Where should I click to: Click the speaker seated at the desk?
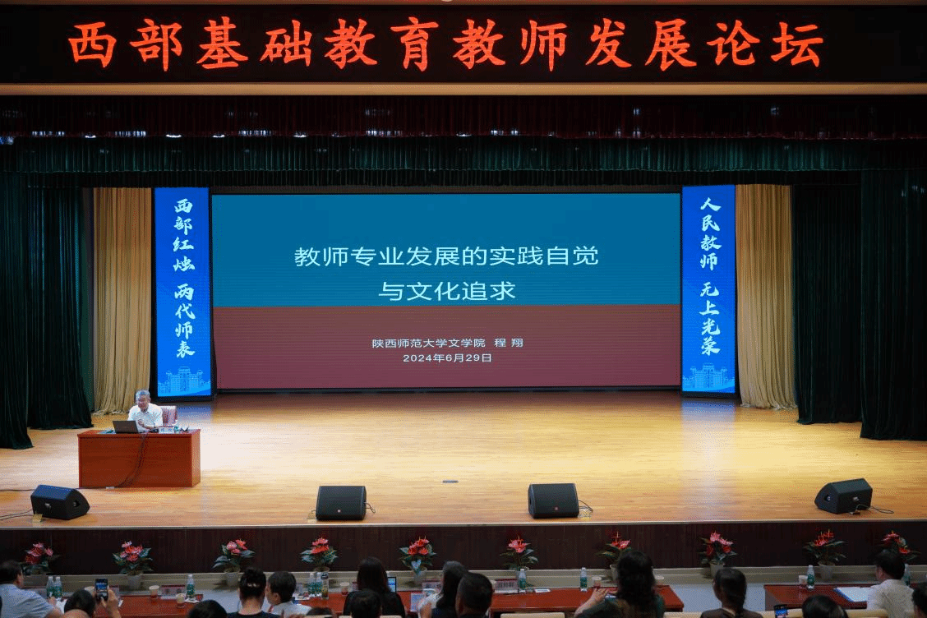click(x=145, y=410)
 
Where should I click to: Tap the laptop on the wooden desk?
click(x=125, y=427)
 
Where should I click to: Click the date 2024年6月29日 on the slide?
click(x=447, y=357)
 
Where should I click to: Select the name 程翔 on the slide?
click(x=509, y=343)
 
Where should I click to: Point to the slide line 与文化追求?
click(x=447, y=291)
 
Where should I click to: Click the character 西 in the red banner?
click(x=92, y=45)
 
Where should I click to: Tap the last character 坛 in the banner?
click(x=797, y=44)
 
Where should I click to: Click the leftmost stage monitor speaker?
click(x=59, y=502)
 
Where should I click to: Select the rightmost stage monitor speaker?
click(x=843, y=496)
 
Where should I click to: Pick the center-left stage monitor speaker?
click(x=341, y=503)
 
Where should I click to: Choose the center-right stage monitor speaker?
click(x=553, y=500)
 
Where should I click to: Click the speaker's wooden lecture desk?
click(x=139, y=459)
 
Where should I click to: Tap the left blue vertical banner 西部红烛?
click(x=182, y=292)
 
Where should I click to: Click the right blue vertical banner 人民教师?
click(x=709, y=288)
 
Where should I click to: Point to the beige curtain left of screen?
click(x=122, y=299)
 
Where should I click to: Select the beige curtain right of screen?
click(x=764, y=297)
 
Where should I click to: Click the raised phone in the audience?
click(x=102, y=588)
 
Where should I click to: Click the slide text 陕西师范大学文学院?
click(x=429, y=343)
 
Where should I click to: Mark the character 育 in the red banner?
click(x=414, y=45)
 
